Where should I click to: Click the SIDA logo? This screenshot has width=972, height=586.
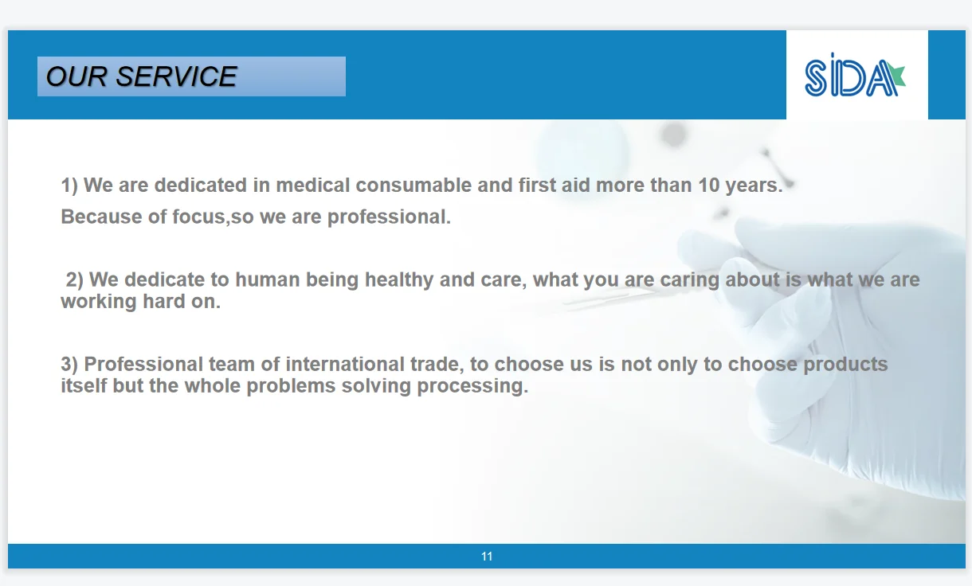point(855,75)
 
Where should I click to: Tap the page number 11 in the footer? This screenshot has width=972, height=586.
point(487,557)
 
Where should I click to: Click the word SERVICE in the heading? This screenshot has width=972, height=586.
point(177,76)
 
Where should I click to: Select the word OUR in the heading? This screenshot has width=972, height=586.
point(76,76)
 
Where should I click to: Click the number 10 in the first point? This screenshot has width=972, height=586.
point(709,186)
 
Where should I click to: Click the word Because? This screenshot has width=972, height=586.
point(101,217)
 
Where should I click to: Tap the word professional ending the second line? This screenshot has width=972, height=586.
point(389,217)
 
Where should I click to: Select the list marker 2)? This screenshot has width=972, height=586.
point(74,279)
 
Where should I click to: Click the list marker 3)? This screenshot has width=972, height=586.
point(69,365)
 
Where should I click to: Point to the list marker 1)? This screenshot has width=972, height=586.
point(69,186)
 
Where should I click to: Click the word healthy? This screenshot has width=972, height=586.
point(399,280)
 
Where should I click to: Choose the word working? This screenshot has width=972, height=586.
point(99,302)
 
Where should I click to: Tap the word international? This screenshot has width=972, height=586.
point(345,365)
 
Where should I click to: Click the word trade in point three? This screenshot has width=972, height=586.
point(437,365)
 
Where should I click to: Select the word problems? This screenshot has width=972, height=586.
point(291,386)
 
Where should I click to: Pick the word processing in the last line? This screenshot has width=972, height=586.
point(472,386)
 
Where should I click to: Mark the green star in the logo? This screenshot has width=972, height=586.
point(896,75)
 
